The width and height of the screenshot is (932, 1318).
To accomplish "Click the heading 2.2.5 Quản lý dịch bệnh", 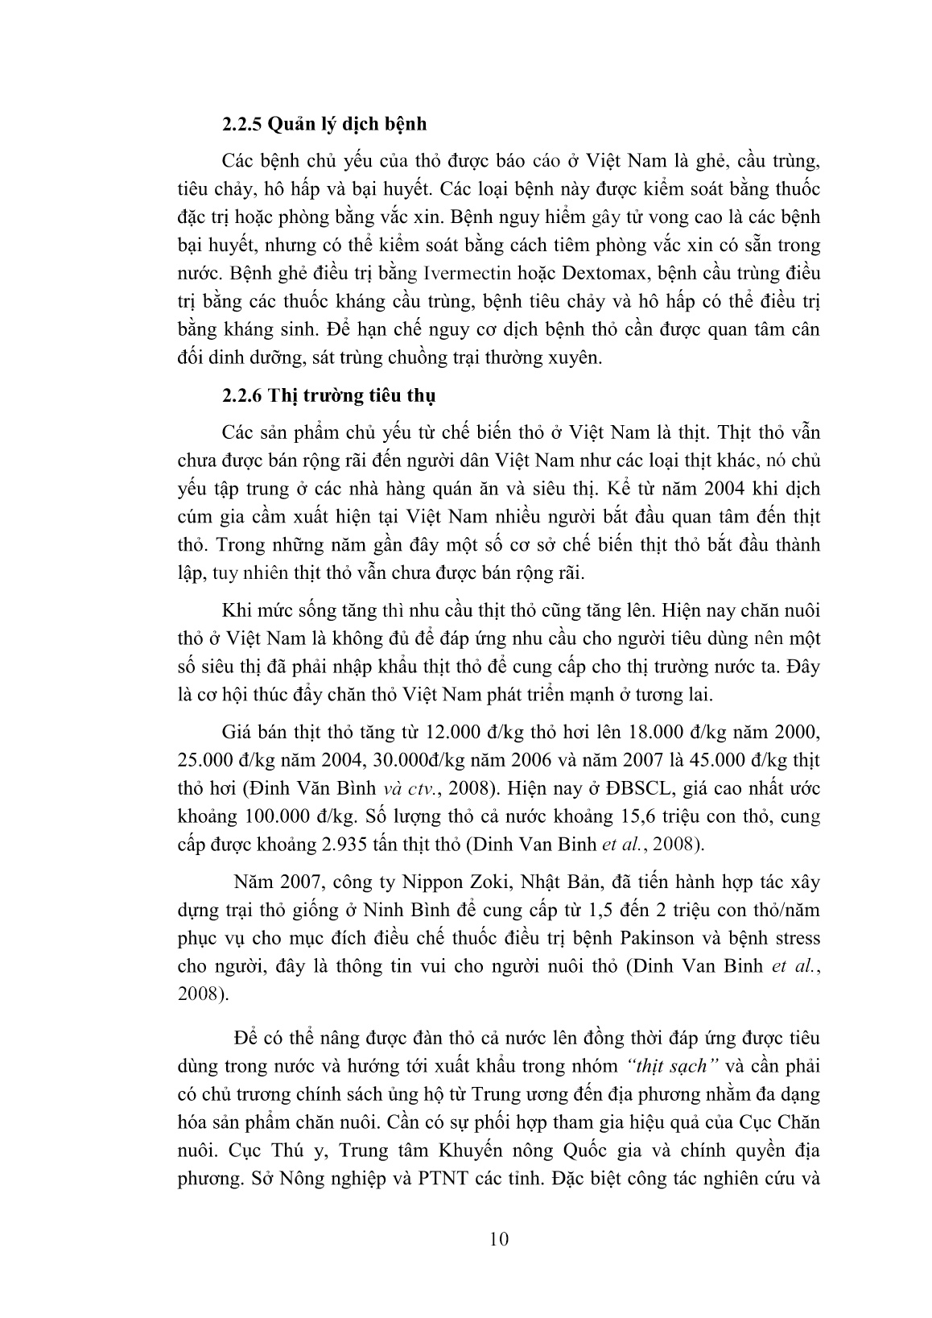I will click(324, 125).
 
